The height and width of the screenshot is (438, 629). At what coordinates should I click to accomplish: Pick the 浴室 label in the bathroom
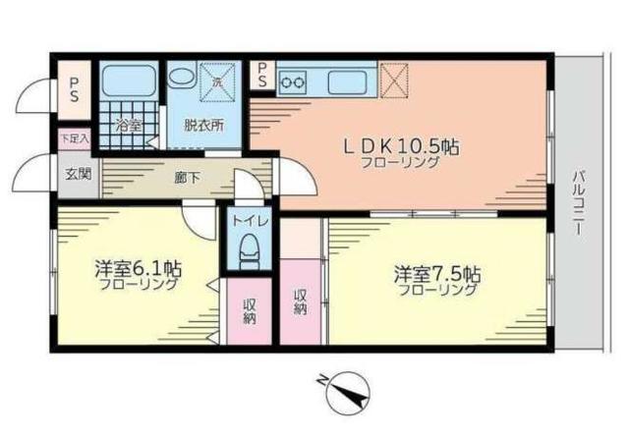(x=128, y=125)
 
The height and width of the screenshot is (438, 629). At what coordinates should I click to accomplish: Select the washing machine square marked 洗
(x=216, y=80)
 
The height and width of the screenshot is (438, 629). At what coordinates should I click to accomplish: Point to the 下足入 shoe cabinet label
(x=73, y=138)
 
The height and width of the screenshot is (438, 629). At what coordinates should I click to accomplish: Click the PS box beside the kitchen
(x=262, y=75)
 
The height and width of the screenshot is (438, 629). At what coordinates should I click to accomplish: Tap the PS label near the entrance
(x=75, y=89)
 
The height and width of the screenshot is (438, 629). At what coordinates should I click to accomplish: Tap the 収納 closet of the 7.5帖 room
(x=301, y=301)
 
